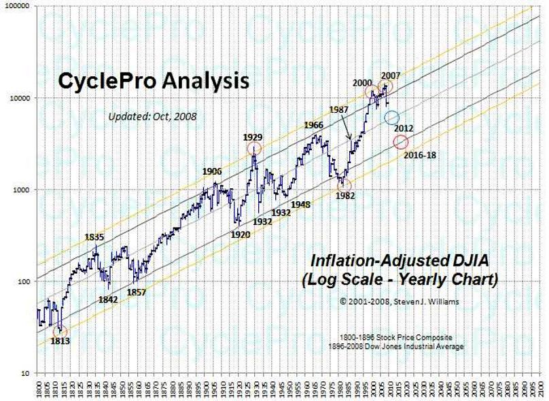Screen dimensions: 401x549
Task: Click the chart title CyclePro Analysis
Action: pos(153,82)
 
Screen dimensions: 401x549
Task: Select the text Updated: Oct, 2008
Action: pos(152,116)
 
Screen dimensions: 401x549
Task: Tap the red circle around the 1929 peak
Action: pos(254,150)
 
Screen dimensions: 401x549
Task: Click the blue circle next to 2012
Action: pos(391,118)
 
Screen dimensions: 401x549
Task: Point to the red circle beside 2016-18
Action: pos(401,141)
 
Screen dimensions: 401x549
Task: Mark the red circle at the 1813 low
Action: pos(60,330)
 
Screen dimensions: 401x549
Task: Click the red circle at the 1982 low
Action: pos(344,184)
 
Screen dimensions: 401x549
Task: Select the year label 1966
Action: pos(313,125)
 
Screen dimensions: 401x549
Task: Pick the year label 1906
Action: pos(213,171)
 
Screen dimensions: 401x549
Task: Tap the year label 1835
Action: pos(94,237)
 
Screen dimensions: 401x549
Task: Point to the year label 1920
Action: pos(241,234)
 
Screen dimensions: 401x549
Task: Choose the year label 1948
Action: pos(300,204)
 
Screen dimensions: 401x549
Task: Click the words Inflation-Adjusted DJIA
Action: pos(400,261)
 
